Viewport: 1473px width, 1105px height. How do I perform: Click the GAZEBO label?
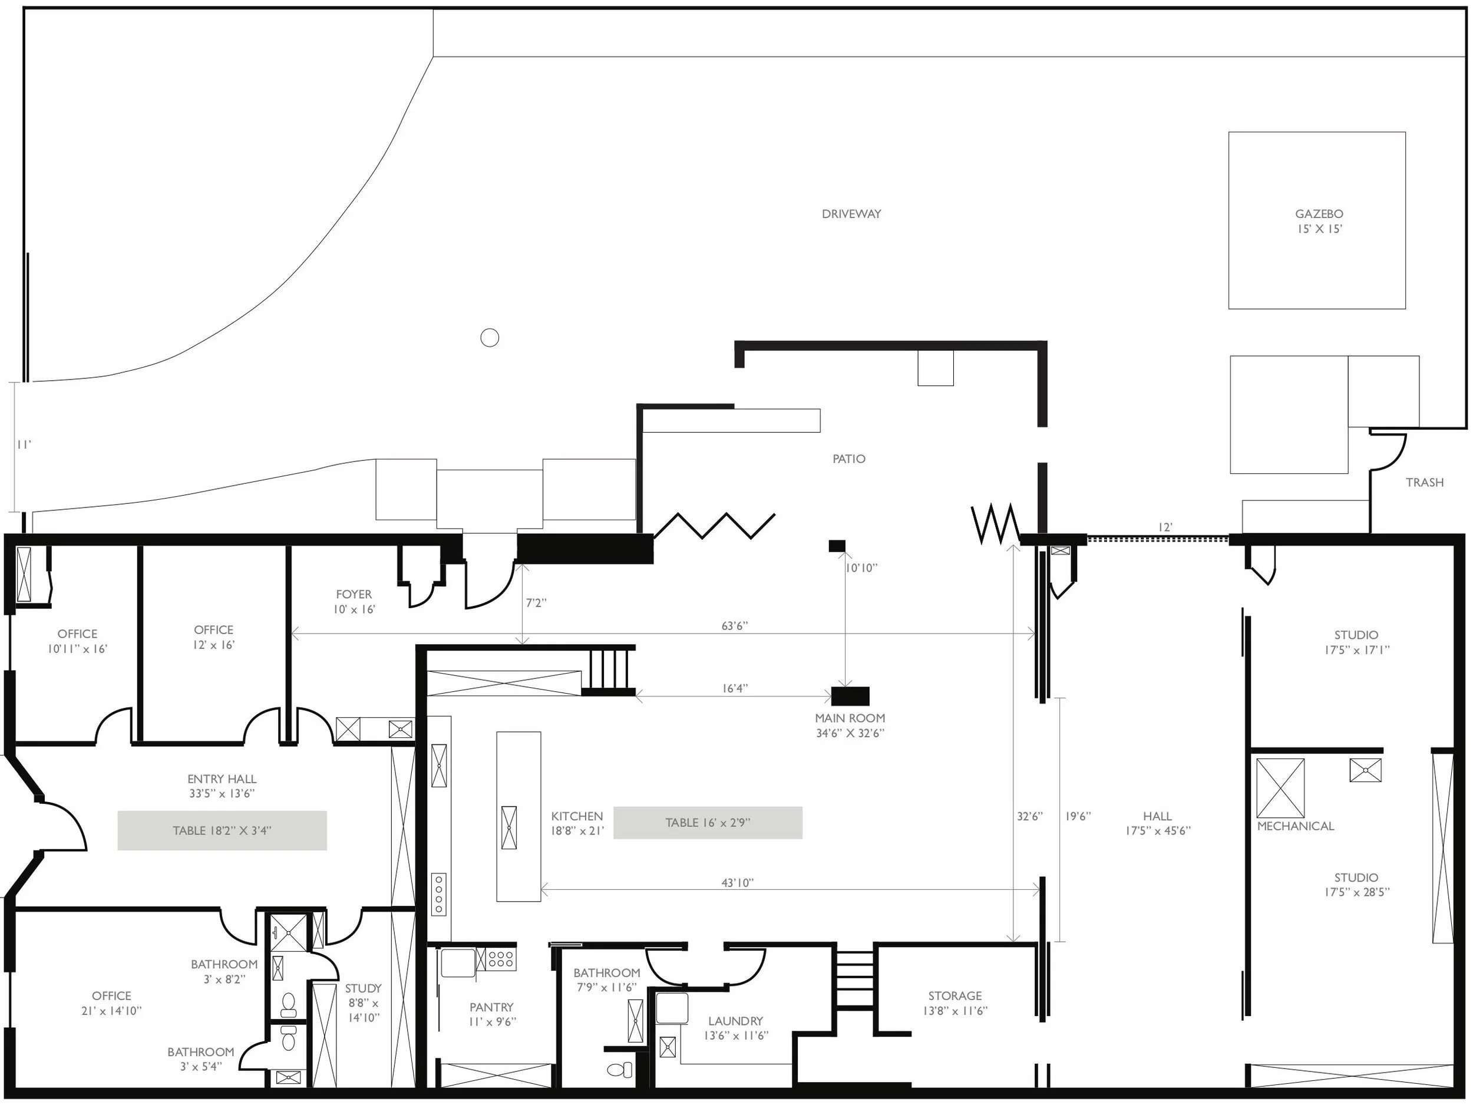point(1319,215)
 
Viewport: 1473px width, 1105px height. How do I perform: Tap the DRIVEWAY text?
point(851,214)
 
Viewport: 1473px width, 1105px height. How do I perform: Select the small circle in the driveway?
point(490,338)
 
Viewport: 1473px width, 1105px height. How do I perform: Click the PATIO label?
point(849,459)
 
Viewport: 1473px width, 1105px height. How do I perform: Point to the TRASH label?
point(1424,482)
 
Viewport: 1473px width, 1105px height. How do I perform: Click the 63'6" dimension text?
point(735,626)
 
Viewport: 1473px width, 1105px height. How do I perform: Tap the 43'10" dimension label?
point(737,883)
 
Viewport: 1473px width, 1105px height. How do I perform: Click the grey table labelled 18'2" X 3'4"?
point(222,830)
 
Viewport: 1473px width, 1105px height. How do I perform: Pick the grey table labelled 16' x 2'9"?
point(707,823)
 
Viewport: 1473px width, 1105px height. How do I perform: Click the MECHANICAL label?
point(1295,826)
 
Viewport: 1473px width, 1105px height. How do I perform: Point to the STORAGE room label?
point(955,996)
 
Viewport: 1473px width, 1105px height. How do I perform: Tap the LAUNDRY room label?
point(735,1020)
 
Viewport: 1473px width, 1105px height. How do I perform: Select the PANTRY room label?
point(491,1007)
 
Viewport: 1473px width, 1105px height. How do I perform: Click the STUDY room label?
point(363,988)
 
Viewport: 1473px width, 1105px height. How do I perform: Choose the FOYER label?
point(354,594)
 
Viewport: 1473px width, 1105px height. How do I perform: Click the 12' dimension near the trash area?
point(1165,527)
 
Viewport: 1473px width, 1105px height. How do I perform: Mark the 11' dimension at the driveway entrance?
point(24,445)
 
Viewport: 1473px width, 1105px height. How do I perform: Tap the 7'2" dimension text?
point(536,603)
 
